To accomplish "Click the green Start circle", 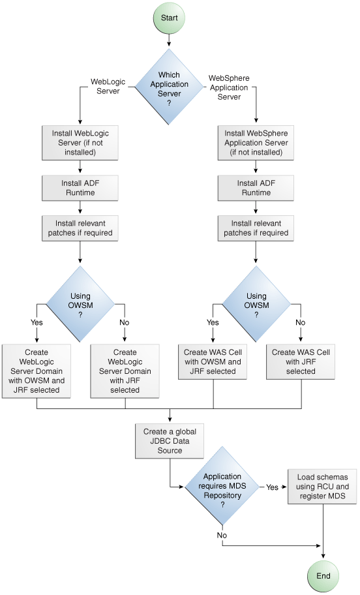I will tap(169, 18).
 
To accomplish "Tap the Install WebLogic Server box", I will tap(80, 143).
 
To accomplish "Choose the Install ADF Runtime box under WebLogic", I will tap(80, 188).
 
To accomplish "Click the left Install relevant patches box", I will tap(80, 228).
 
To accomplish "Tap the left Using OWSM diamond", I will tap(80, 305).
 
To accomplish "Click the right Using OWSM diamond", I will tap(256, 305).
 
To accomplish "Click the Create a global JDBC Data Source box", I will tap(169, 441).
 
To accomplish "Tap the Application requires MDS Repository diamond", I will tap(222, 486).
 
